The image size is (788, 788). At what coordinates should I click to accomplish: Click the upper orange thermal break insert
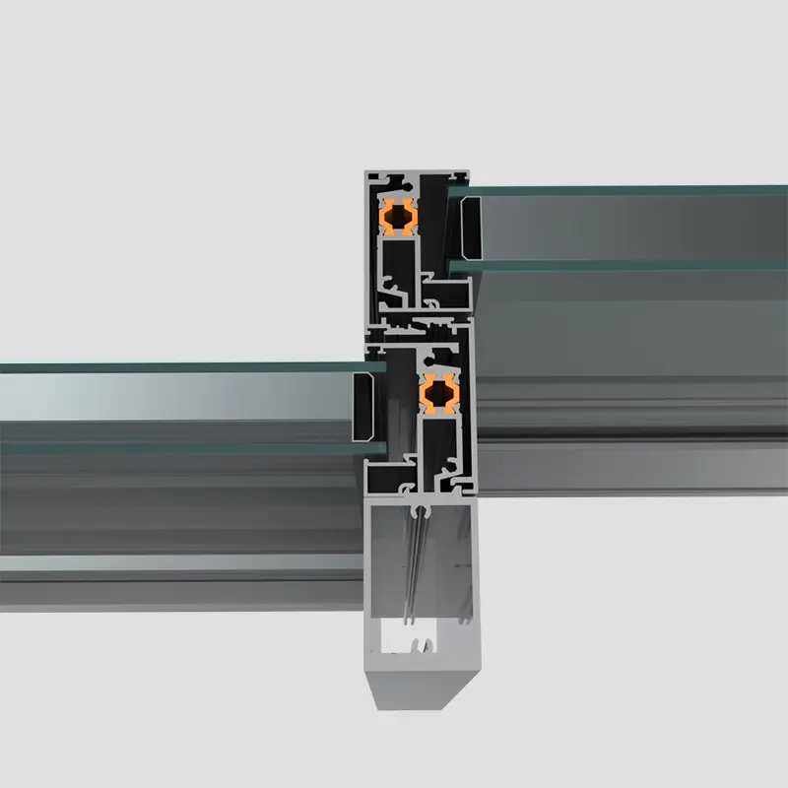[397, 216]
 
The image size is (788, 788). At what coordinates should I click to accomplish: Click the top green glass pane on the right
[630, 190]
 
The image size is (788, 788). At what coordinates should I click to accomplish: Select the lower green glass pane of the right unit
[630, 265]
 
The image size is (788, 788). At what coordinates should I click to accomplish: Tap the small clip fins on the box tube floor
[421, 646]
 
